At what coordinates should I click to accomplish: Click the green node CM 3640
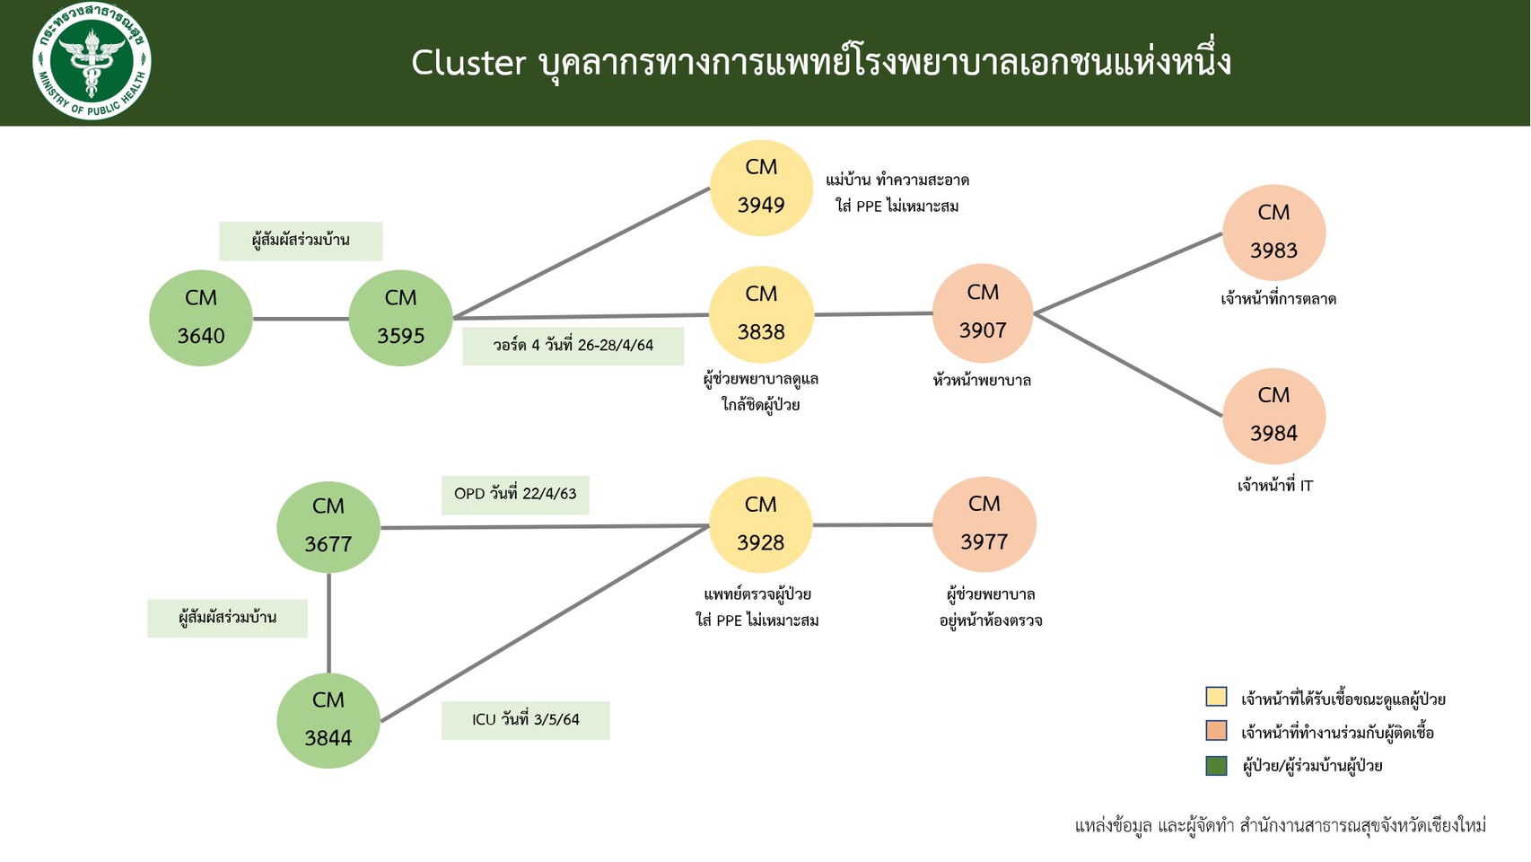point(200,318)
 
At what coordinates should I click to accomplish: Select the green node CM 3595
point(400,318)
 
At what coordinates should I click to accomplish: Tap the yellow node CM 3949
point(761,188)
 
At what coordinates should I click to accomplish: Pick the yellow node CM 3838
point(761,314)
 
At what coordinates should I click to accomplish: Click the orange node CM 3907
point(983,312)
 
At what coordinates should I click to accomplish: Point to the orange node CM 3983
point(1273,233)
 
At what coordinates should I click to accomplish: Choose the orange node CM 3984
point(1273,416)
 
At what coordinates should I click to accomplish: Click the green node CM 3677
point(328,526)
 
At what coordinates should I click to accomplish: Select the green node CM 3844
point(328,720)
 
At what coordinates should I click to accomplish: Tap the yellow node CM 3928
point(761,524)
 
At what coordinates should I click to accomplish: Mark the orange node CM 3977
point(984,524)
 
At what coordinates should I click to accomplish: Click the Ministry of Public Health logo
point(92,61)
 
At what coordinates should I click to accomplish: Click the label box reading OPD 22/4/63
point(515,495)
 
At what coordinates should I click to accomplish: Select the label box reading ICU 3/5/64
point(526,720)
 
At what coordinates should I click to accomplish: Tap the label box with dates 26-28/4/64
point(573,346)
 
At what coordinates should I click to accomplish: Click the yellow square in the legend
point(1216,697)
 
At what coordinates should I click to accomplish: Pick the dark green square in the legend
point(1216,765)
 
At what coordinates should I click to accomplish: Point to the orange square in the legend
point(1216,731)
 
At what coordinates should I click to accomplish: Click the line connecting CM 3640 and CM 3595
point(301,319)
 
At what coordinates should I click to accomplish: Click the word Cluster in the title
point(468,63)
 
